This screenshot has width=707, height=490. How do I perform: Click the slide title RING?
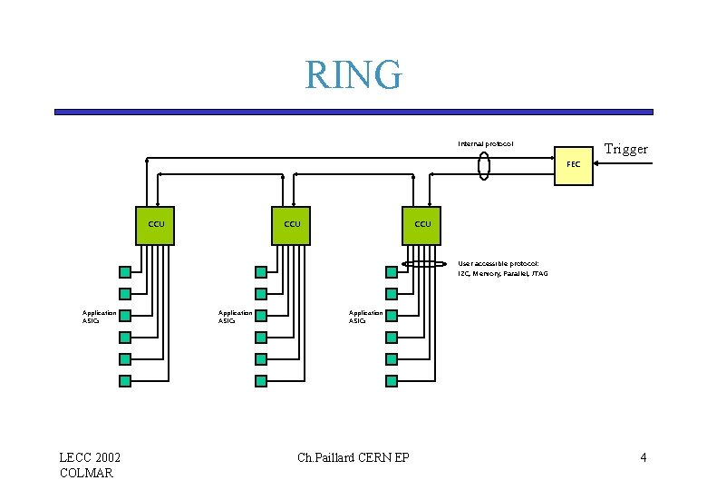click(x=353, y=74)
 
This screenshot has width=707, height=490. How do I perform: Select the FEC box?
click(x=574, y=165)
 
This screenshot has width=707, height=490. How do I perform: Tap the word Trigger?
click(x=625, y=149)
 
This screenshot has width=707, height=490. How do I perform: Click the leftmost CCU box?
click(x=155, y=224)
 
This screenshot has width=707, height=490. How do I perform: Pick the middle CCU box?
click(x=292, y=224)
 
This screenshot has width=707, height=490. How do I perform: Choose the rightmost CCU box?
click(x=422, y=224)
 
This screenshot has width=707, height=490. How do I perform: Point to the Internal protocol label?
click(x=485, y=143)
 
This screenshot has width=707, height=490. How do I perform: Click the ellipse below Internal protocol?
click(x=485, y=167)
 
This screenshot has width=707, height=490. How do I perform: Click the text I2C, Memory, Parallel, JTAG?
click(x=502, y=273)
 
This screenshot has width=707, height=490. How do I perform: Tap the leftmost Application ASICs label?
click(x=100, y=316)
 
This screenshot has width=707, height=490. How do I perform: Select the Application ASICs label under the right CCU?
click(x=366, y=316)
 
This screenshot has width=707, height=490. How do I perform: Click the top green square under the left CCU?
click(x=125, y=271)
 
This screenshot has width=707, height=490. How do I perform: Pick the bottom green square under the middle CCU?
click(x=261, y=381)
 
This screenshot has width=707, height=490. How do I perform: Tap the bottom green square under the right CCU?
click(x=392, y=381)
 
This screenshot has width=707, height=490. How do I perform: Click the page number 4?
click(x=643, y=457)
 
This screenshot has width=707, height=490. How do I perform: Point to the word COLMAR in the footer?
click(x=86, y=473)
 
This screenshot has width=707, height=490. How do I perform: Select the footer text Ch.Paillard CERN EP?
click(x=353, y=457)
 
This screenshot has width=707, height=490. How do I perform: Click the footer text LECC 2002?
click(x=91, y=457)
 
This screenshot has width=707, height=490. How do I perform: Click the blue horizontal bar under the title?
click(x=353, y=112)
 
